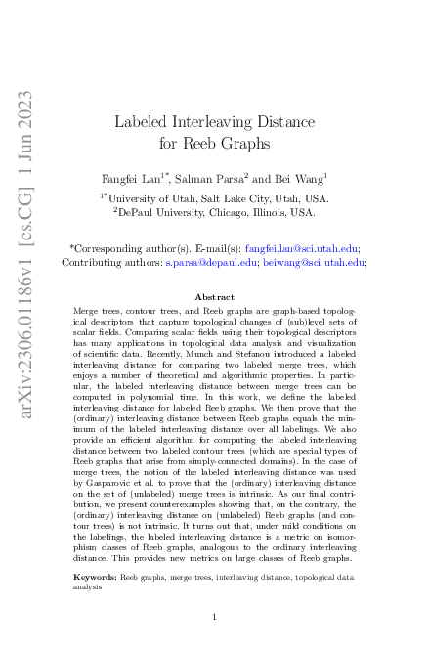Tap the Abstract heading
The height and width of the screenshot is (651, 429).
(x=214, y=296)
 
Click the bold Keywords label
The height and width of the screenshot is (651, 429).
(x=95, y=578)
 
